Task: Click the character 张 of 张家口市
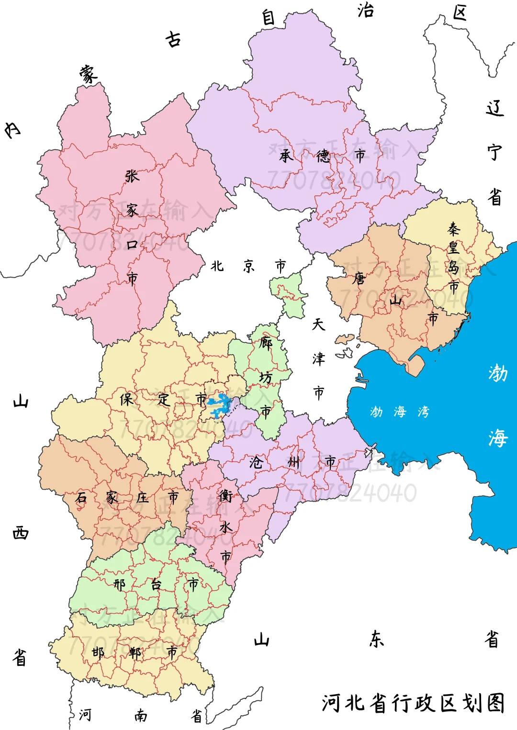point(132,176)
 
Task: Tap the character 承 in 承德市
point(286,156)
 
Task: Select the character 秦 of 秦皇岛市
point(453,229)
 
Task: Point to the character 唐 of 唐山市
point(359,278)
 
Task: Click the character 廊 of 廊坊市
point(266,343)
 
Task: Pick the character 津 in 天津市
point(318,359)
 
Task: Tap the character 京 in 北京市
point(248,266)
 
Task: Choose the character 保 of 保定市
point(126,399)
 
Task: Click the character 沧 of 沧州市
point(256,462)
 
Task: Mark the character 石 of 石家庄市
point(81,497)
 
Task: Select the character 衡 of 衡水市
point(225,496)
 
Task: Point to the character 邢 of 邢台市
point(119,584)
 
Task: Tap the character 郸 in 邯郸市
point(135,652)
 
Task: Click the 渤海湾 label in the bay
point(399,412)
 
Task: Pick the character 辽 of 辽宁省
point(495,108)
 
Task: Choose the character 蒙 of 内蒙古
point(89,74)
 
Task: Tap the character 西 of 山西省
point(20,533)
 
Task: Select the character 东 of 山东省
point(376,639)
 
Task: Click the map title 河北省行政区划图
point(413,703)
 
